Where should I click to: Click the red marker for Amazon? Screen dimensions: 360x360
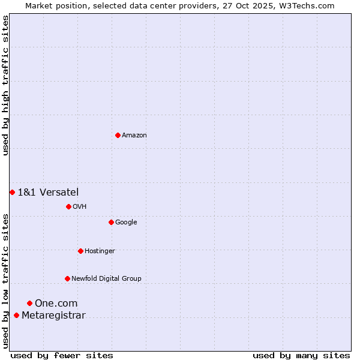click(x=118, y=135)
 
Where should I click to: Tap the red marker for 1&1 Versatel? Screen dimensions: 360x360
click(x=12, y=192)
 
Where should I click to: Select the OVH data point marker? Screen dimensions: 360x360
click(x=68, y=206)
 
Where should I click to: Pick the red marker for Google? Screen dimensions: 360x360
click(x=111, y=222)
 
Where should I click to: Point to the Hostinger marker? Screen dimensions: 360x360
click(x=80, y=251)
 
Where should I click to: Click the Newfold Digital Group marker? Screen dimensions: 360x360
click(x=67, y=278)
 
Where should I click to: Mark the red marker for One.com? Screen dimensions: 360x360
click(x=29, y=303)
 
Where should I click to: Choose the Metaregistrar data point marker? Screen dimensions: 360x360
click(x=16, y=315)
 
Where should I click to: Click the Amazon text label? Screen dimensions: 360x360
click(x=134, y=136)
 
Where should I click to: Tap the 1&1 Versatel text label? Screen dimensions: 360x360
click(x=48, y=192)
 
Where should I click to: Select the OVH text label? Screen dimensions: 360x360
click(x=80, y=207)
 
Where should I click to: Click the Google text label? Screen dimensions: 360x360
click(x=126, y=223)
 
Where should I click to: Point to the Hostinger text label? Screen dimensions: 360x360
click(x=100, y=251)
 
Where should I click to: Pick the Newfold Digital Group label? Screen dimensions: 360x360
click(x=106, y=279)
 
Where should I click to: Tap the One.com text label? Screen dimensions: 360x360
click(x=56, y=304)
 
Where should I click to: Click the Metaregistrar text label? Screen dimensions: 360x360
click(x=53, y=316)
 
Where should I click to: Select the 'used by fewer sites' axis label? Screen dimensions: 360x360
click(x=62, y=355)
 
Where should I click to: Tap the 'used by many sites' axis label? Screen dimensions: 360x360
click(x=301, y=355)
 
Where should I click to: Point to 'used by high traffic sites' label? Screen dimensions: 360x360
click(x=5, y=85)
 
